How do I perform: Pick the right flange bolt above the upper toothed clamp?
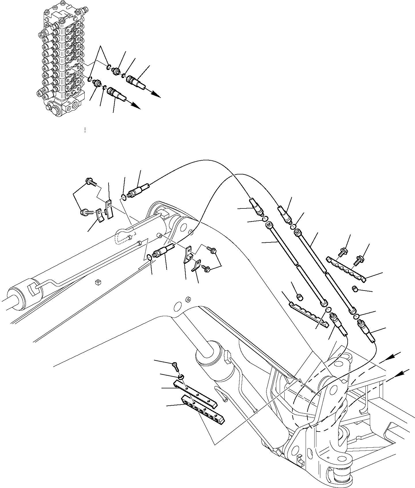pyautogui.click(x=359, y=259)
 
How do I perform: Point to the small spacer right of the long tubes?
pyautogui.click(x=355, y=288)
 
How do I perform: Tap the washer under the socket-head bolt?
pyautogui.click(x=180, y=377)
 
